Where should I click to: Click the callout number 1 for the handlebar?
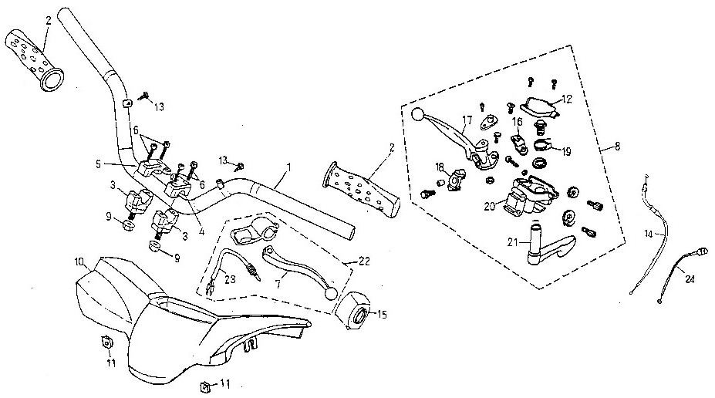288,167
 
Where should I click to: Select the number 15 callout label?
382,315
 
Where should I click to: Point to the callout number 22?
364,261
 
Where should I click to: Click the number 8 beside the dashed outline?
617,147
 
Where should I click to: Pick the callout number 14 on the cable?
649,234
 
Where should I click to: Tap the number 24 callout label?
690,279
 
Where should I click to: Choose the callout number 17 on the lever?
467,121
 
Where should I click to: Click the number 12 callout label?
567,99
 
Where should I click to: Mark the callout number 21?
513,242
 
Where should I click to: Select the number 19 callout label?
566,152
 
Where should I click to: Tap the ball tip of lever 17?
417,114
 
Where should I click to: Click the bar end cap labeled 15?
356,312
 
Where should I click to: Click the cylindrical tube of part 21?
535,241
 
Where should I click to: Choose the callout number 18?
440,167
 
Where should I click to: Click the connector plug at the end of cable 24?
702,250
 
